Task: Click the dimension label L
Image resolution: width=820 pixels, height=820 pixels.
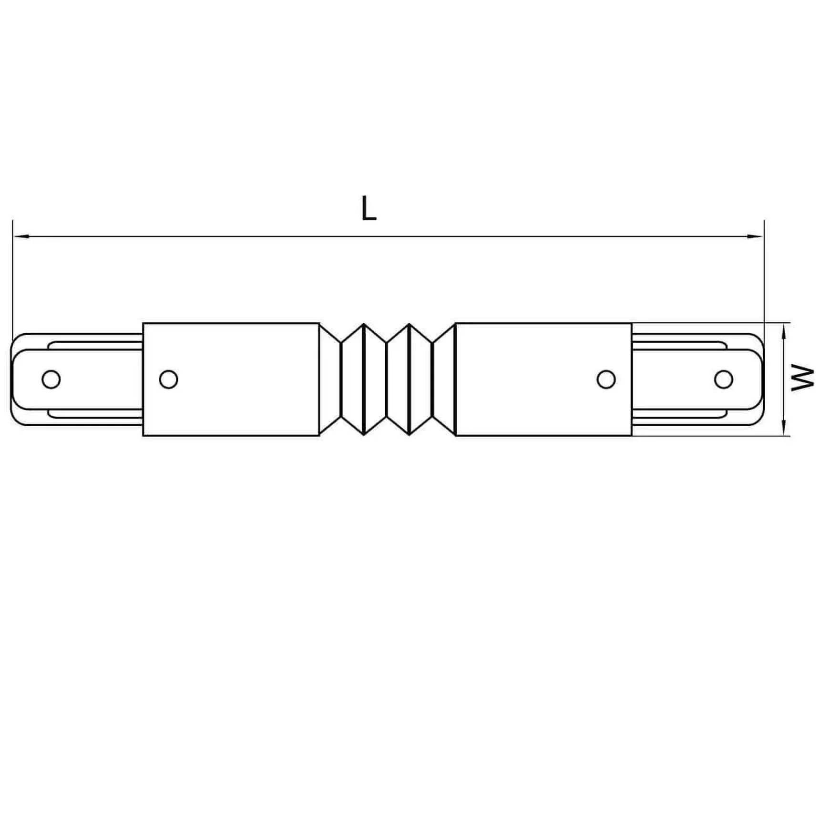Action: [369, 209]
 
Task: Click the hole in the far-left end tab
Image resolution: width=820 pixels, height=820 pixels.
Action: [51, 379]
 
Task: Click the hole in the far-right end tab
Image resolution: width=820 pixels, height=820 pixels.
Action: [723, 379]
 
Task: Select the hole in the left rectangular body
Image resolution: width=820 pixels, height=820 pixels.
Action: [168, 379]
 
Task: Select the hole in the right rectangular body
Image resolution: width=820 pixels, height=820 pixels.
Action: [606, 379]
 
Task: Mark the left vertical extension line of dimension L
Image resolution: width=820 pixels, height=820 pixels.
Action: [13, 277]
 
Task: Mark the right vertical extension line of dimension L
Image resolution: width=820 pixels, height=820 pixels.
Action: [764, 277]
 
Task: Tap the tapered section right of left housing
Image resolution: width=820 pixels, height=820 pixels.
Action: [330, 379]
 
